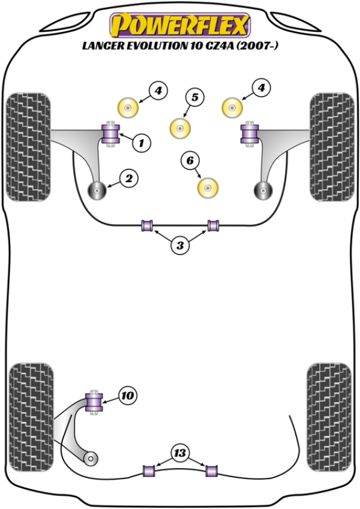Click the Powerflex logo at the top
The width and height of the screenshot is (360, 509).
pyautogui.click(x=179, y=26)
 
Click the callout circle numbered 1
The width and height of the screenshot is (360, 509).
pyautogui.click(x=142, y=143)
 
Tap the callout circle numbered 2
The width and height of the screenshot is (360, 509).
pyautogui.click(x=129, y=178)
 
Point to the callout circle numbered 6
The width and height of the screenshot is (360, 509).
pyautogui.click(x=190, y=160)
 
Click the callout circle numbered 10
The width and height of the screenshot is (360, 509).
pyautogui.click(x=127, y=395)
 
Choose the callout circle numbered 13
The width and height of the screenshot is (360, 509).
pyautogui.click(x=179, y=452)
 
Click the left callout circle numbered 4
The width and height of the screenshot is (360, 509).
pyautogui.click(x=157, y=91)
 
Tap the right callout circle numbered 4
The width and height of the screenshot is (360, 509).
pyautogui.click(x=261, y=89)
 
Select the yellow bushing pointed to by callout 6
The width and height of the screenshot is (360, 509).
pyautogui.click(x=208, y=187)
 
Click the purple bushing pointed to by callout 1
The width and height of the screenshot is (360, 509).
pyautogui.click(x=112, y=133)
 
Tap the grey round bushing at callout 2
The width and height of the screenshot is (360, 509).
pyautogui.click(x=97, y=190)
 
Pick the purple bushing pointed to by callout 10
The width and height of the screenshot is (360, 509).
pyautogui.click(x=94, y=402)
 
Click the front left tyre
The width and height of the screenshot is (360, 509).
pyautogui.click(x=28, y=146)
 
